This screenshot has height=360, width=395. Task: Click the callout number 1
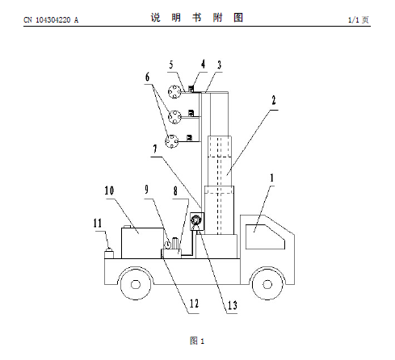pyautogui.click(x=272, y=178)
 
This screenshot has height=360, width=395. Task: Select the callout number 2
pyautogui.click(x=274, y=100)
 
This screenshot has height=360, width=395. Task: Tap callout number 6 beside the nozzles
pyautogui.click(x=147, y=77)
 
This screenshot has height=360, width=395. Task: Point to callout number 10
pyautogui.click(x=109, y=190)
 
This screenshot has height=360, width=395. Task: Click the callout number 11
pyautogui.click(x=98, y=223)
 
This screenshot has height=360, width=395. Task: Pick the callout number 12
pyautogui.click(x=194, y=303)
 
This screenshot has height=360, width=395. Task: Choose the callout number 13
pyautogui.click(x=233, y=305)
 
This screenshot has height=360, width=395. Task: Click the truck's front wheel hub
pyautogui.click(x=267, y=284)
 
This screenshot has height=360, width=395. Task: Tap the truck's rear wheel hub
pyautogui.click(x=136, y=284)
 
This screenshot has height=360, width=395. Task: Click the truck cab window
pyautogui.click(x=265, y=237)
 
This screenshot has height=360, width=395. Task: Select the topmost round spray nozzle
pyautogui.click(x=174, y=91)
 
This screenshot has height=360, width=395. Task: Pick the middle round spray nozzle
pyautogui.click(x=175, y=117)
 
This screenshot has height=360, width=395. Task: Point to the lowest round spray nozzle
pyautogui.click(x=172, y=141)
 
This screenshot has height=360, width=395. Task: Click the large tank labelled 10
pyautogui.click(x=142, y=243)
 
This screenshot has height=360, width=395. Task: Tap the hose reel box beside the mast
pyautogui.click(x=197, y=221)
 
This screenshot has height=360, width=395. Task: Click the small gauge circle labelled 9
pyautogui.click(x=168, y=245)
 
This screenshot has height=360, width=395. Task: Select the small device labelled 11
pyautogui.click(x=109, y=253)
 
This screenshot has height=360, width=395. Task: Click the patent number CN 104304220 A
pyautogui.click(x=51, y=20)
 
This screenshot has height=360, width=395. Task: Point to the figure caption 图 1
pyautogui.click(x=197, y=341)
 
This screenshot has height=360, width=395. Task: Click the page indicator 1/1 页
pyautogui.click(x=359, y=19)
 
